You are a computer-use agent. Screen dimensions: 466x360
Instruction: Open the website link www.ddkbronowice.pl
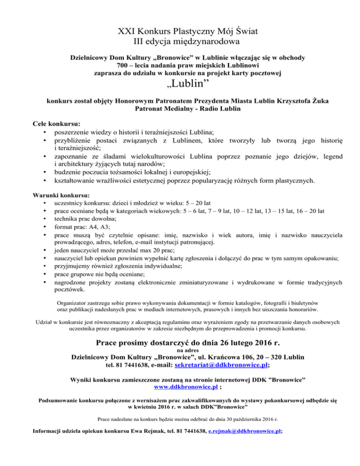click(179, 388)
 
